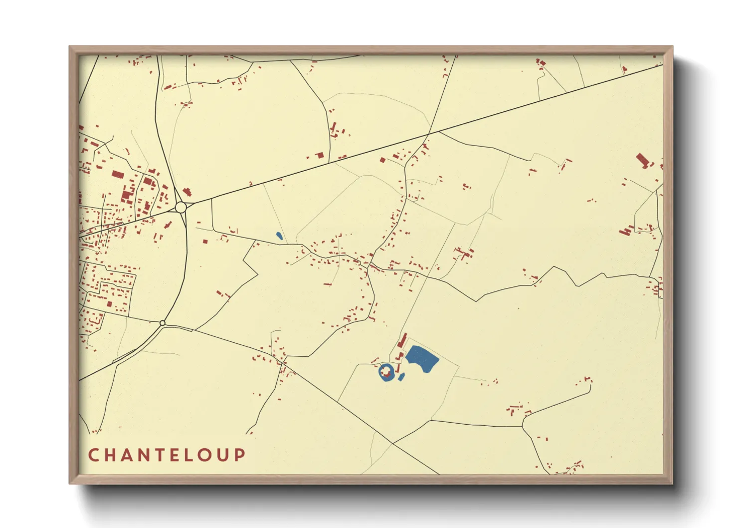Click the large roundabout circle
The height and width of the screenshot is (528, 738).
pos(181,207)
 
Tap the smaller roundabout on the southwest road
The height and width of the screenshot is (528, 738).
pos(162,323)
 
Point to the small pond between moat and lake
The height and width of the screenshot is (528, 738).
pos(401,377)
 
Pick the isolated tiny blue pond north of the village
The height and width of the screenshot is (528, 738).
pos(279,235)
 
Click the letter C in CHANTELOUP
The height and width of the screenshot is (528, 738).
pos(93,455)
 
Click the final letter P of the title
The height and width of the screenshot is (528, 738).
pos(241,455)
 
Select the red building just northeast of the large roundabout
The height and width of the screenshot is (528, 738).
pos(187,192)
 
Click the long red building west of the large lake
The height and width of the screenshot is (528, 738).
pos(402,341)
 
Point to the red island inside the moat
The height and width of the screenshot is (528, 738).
pos(385,372)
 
